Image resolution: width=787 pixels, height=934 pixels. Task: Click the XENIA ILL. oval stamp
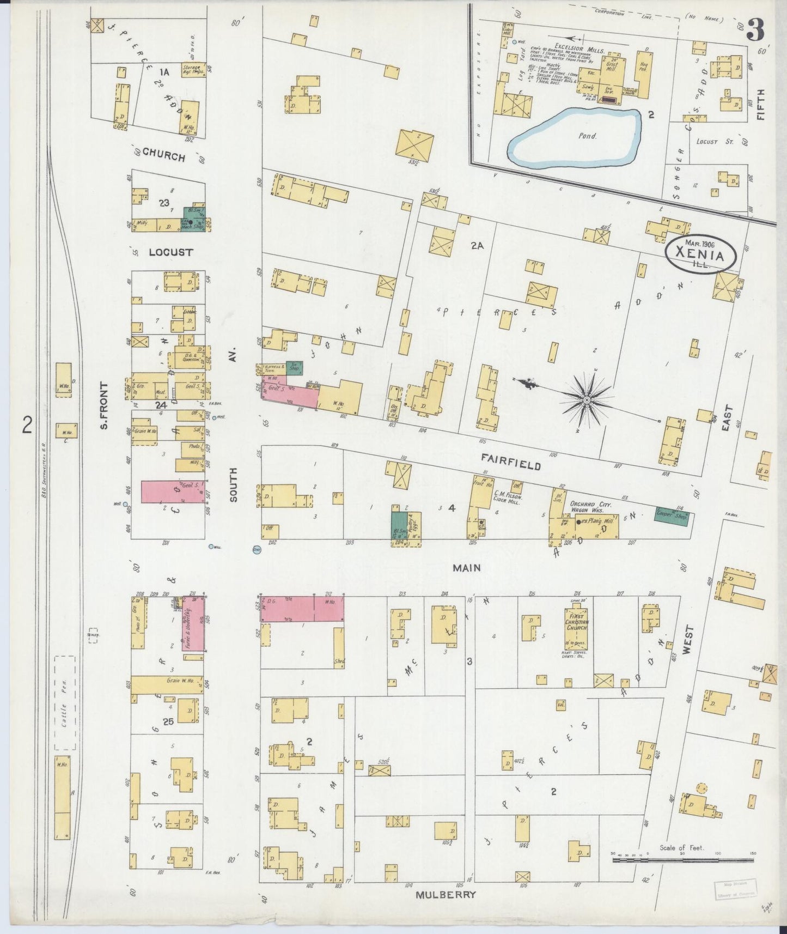(x=700, y=254)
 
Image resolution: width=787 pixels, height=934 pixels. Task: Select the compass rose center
(x=587, y=401)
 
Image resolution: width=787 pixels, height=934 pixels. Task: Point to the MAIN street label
(x=467, y=568)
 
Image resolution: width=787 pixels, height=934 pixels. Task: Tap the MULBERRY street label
(x=446, y=895)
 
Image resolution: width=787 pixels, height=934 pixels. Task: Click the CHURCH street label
(x=164, y=156)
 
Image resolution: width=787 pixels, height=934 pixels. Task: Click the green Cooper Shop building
(x=671, y=518)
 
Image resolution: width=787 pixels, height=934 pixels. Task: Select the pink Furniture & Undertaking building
(x=193, y=624)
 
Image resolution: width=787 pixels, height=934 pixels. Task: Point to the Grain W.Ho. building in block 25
(x=167, y=684)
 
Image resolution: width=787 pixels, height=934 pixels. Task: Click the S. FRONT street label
(x=105, y=404)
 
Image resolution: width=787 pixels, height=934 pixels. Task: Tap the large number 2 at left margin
(x=27, y=424)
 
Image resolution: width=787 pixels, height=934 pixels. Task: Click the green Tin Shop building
(x=294, y=368)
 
